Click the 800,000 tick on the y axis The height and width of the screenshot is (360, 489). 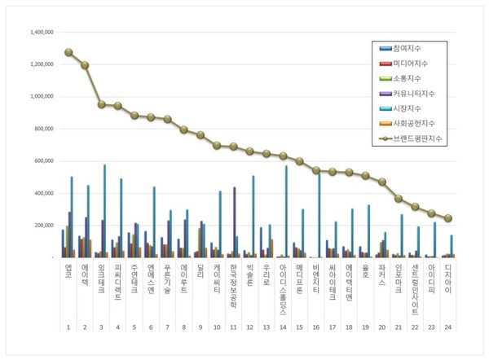pyautogui.click(x=41, y=129)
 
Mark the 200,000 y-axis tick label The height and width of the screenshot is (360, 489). pyautogui.click(x=41, y=225)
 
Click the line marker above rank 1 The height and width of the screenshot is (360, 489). pyautogui.click(x=68, y=52)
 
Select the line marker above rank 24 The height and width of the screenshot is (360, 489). pyautogui.click(x=450, y=218)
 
